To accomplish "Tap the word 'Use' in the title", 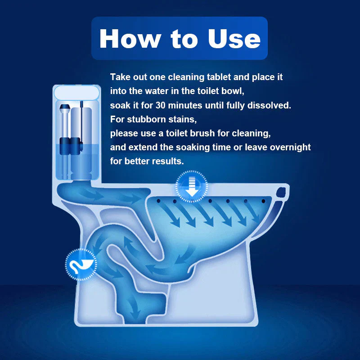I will click(234, 39).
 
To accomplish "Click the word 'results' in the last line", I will click(166, 161).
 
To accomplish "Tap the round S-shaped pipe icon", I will click(81, 264).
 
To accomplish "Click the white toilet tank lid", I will click(76, 93).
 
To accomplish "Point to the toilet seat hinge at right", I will click(283, 193).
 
